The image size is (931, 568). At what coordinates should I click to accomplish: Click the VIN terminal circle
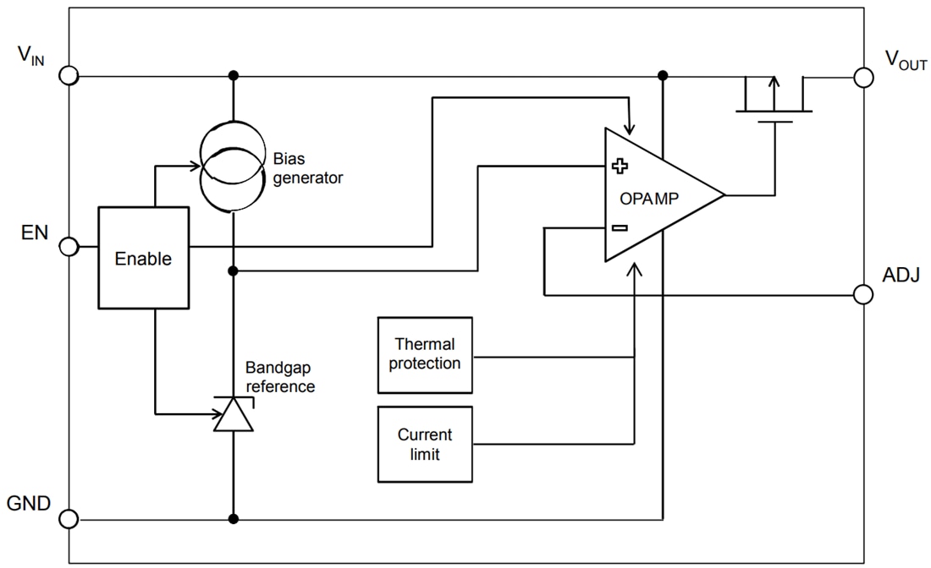pyautogui.click(x=69, y=76)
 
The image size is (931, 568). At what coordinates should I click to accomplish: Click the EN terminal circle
pyautogui.click(x=69, y=247)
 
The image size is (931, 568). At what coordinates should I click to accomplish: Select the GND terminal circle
pyautogui.click(x=69, y=519)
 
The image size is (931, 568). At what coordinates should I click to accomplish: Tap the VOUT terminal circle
pyautogui.click(x=862, y=78)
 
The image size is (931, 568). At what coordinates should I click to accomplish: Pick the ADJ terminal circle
pyautogui.click(x=862, y=295)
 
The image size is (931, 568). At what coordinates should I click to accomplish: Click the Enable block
pyautogui.click(x=143, y=258)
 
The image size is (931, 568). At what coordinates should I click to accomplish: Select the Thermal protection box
pyautogui.click(x=425, y=355)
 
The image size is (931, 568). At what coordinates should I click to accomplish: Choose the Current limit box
pyautogui.click(x=425, y=445)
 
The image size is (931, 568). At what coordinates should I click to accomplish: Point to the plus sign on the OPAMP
pyautogui.click(x=619, y=167)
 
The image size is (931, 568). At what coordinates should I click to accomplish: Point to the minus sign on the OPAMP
pyautogui.click(x=619, y=227)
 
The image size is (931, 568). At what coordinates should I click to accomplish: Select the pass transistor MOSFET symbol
pyautogui.click(x=774, y=101)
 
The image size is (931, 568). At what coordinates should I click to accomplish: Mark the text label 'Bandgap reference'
pyautogui.click(x=280, y=377)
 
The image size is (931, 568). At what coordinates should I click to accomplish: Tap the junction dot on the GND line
pyautogui.click(x=234, y=519)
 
